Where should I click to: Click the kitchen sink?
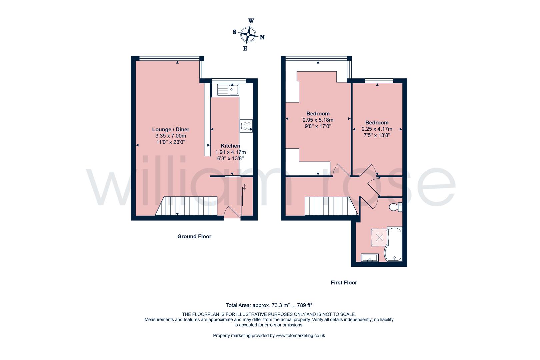pos(228,89)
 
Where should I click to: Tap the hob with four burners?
pos(246,126)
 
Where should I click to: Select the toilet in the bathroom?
pos(396,207)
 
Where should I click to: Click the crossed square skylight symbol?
pos(380,238)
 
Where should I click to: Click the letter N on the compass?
pos(262,37)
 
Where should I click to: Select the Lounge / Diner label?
pos(171,129)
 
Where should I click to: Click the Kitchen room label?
pos(230,146)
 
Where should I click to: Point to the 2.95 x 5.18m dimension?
pos(318,120)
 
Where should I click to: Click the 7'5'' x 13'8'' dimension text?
pos(377,135)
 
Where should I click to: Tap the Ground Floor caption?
pos(194,236)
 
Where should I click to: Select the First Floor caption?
pos(344,282)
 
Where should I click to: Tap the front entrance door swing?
pos(232,213)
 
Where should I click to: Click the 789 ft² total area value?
pos(304,305)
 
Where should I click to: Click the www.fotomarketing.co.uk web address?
pos(300,336)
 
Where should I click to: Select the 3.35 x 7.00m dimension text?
pos(171,136)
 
